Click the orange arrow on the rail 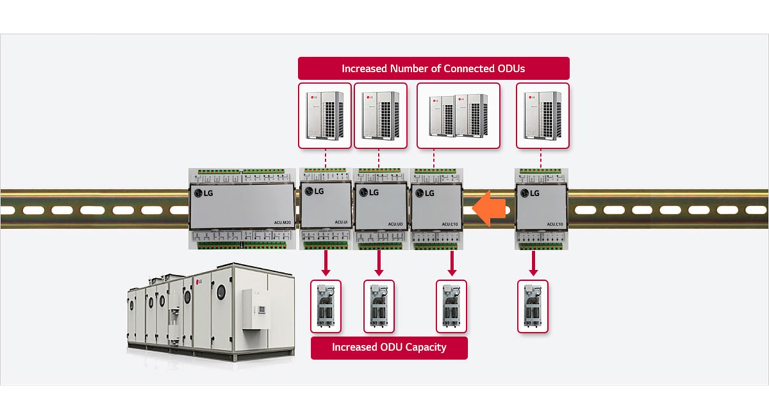(490, 208)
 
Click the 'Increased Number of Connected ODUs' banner (433, 68)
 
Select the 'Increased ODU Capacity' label (389, 347)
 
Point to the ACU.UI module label (341, 223)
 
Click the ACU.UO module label (395, 223)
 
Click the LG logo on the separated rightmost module (530, 193)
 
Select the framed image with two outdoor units (458, 116)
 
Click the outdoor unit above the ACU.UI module (325, 116)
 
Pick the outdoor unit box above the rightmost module (542, 116)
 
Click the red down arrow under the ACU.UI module (325, 262)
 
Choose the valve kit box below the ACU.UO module (379, 306)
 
